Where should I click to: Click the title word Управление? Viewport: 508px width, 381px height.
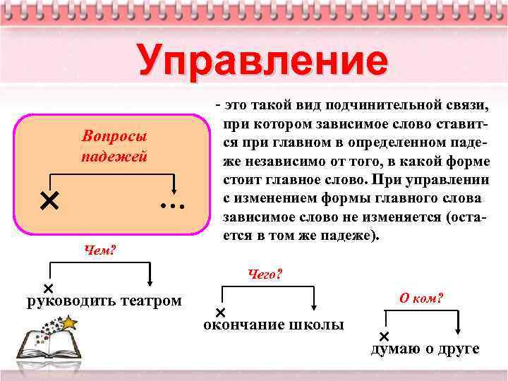coord(262,61)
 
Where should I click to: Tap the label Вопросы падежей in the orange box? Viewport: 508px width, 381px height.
coord(114,146)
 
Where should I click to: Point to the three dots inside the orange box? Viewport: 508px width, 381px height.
coord(171,207)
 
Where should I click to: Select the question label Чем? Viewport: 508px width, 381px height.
coord(100,250)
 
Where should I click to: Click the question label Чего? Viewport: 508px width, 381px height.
coord(265,273)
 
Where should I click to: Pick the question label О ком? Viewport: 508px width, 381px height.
coord(421,298)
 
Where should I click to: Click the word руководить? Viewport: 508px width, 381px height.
coord(68,301)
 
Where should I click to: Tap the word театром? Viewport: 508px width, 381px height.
coord(148,301)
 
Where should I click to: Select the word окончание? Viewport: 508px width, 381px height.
coord(244,325)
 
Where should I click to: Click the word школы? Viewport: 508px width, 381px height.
coord(317,325)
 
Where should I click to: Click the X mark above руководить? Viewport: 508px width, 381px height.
coord(49,289)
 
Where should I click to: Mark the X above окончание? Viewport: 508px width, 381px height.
coord(220,312)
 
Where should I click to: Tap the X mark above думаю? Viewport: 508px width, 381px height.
coord(385,336)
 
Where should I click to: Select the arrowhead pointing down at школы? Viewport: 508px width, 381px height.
coord(314,307)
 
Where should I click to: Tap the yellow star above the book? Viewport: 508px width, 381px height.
coord(70,322)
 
